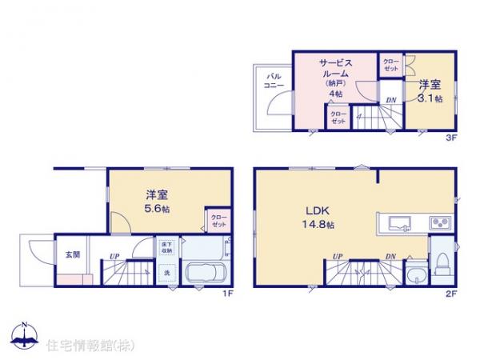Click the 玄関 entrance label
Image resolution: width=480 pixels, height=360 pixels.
(x=72, y=254)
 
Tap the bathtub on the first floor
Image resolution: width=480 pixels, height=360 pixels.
(x=206, y=273)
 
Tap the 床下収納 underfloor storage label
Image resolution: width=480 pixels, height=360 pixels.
(x=166, y=248)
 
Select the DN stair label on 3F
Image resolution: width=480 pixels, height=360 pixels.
(x=390, y=100)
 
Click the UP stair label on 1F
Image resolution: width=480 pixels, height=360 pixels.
(x=114, y=256)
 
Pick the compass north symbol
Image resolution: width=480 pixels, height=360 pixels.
(x=25, y=335)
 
